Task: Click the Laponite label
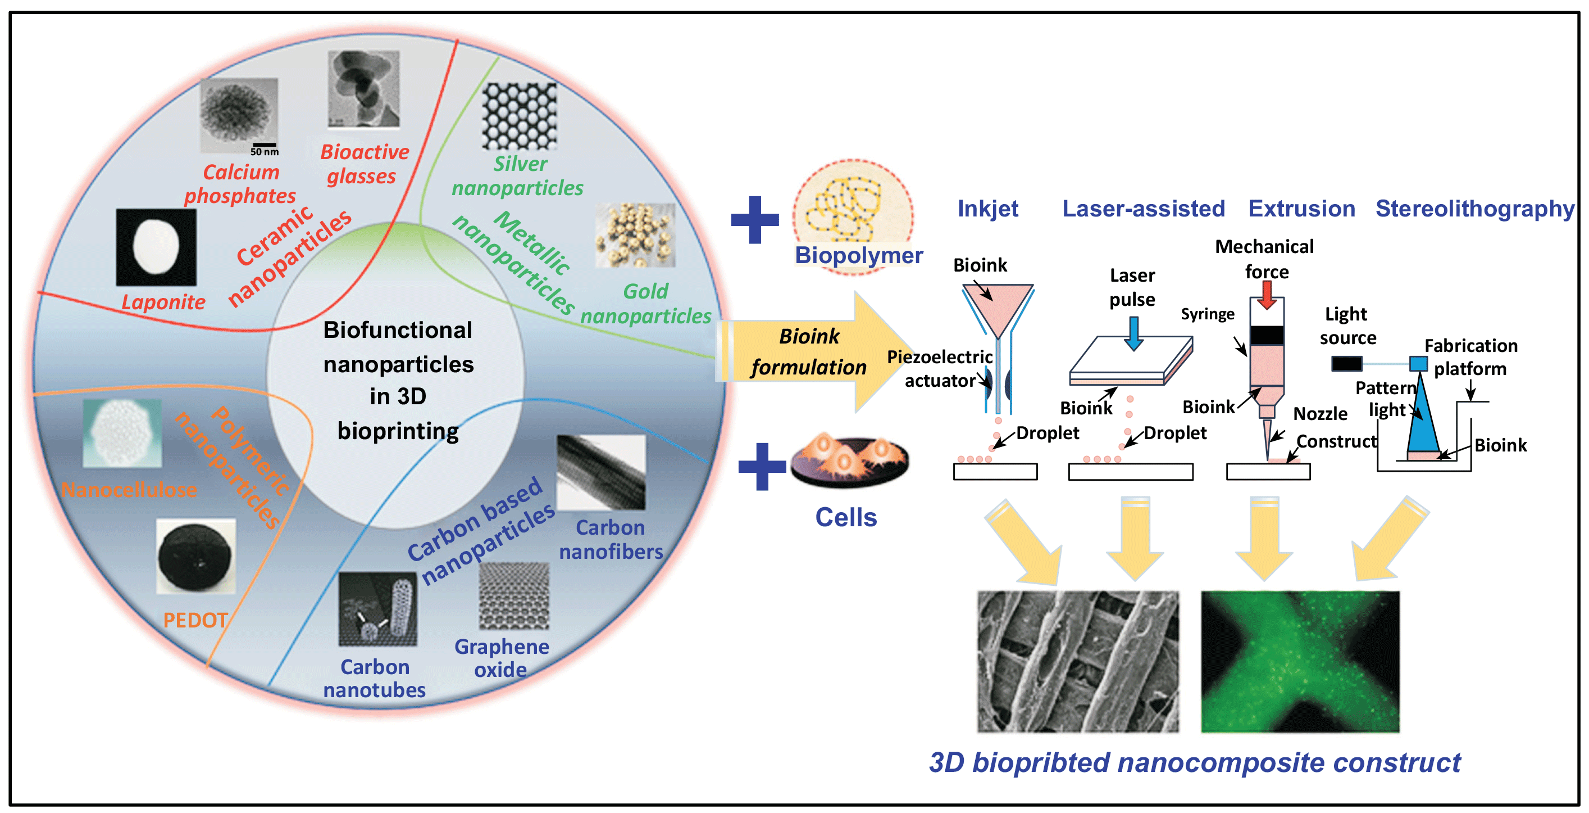[x=163, y=302]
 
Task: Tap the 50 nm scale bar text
[x=265, y=152]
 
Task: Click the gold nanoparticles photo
[x=635, y=235]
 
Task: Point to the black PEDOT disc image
[x=195, y=555]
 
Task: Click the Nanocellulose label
[x=130, y=490]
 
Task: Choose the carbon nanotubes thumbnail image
[x=377, y=609]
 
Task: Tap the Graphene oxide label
[x=502, y=658]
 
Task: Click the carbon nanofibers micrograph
[x=601, y=472]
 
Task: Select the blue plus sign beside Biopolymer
[x=754, y=220]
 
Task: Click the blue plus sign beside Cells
[x=761, y=467]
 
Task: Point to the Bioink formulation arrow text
[x=809, y=352]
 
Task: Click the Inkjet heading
[x=987, y=209]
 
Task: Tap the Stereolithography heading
[x=1475, y=209]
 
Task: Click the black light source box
[x=1346, y=364]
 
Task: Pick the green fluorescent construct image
[x=1300, y=662]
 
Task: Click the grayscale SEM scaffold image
[x=1078, y=662]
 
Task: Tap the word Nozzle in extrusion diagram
[x=1320, y=414]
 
